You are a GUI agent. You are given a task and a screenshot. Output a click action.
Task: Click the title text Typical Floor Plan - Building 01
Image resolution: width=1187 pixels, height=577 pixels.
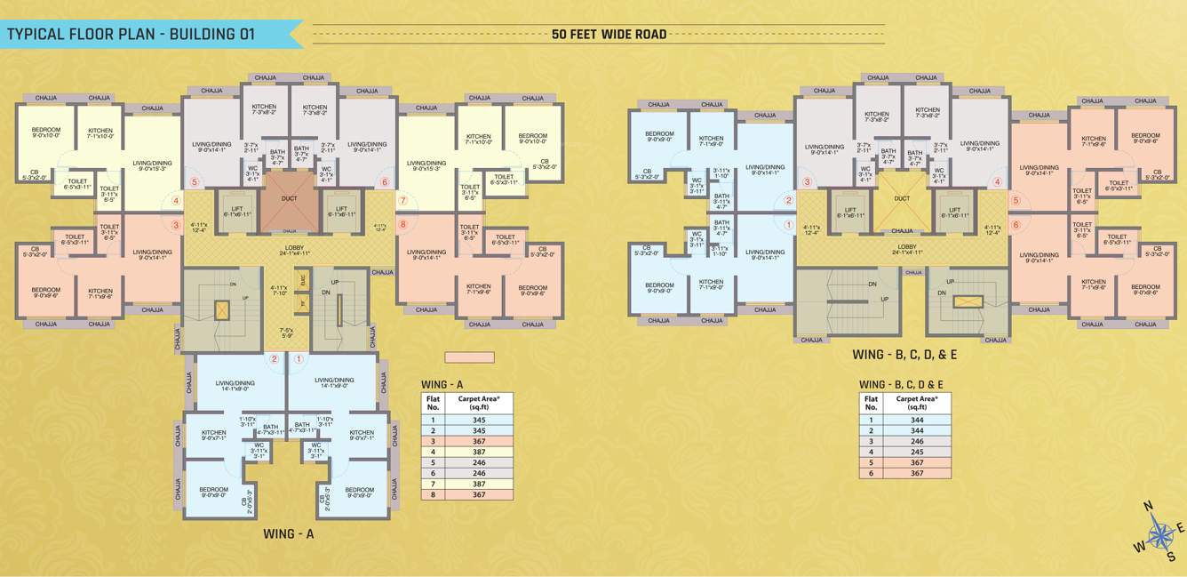click(131, 35)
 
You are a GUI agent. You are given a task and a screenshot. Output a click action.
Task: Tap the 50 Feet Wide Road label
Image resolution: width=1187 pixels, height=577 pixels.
click(609, 35)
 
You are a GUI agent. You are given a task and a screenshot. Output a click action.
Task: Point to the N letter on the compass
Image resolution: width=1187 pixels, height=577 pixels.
click(1148, 507)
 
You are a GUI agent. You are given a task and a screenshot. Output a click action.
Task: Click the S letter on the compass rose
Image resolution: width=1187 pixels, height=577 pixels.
click(1171, 557)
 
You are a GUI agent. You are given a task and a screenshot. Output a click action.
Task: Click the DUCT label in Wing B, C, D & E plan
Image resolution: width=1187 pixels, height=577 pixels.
click(902, 199)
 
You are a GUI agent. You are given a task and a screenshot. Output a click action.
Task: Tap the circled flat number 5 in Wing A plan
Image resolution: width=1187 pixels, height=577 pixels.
click(195, 182)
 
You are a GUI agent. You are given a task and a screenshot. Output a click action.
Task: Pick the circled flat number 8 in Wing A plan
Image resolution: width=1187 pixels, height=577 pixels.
click(402, 224)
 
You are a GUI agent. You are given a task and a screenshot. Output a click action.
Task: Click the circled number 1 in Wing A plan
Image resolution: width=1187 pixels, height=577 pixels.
click(299, 360)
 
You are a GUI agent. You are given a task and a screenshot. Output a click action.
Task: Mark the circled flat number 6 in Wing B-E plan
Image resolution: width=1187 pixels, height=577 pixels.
click(1016, 225)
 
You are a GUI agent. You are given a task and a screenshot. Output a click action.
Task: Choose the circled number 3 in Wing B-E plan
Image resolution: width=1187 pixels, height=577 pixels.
click(807, 182)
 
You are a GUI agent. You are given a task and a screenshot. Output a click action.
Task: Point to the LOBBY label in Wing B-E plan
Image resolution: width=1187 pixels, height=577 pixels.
click(906, 246)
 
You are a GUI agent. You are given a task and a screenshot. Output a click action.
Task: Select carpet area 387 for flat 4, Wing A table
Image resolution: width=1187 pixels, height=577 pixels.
click(478, 452)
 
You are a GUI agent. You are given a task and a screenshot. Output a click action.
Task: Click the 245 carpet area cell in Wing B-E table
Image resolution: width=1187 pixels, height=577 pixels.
click(917, 452)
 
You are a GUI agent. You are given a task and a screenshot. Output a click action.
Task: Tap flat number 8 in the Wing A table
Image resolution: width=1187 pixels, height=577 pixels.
click(434, 494)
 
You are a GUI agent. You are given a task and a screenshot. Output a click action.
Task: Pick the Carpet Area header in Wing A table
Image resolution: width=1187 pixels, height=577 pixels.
click(478, 402)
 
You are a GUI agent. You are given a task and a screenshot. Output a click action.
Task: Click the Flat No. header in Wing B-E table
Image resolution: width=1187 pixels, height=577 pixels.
click(871, 402)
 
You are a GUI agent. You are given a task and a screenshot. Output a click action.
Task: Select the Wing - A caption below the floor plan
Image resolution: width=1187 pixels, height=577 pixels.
click(289, 534)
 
